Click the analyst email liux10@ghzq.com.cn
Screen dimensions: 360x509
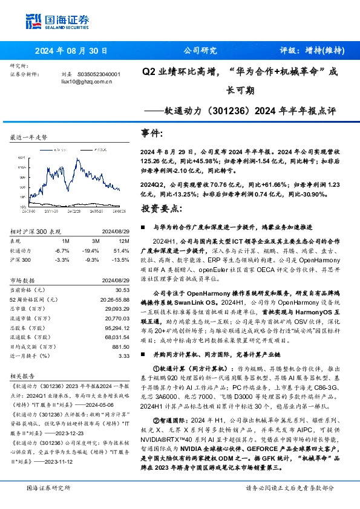(x=87, y=80)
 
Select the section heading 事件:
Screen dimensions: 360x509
(x=152, y=132)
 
